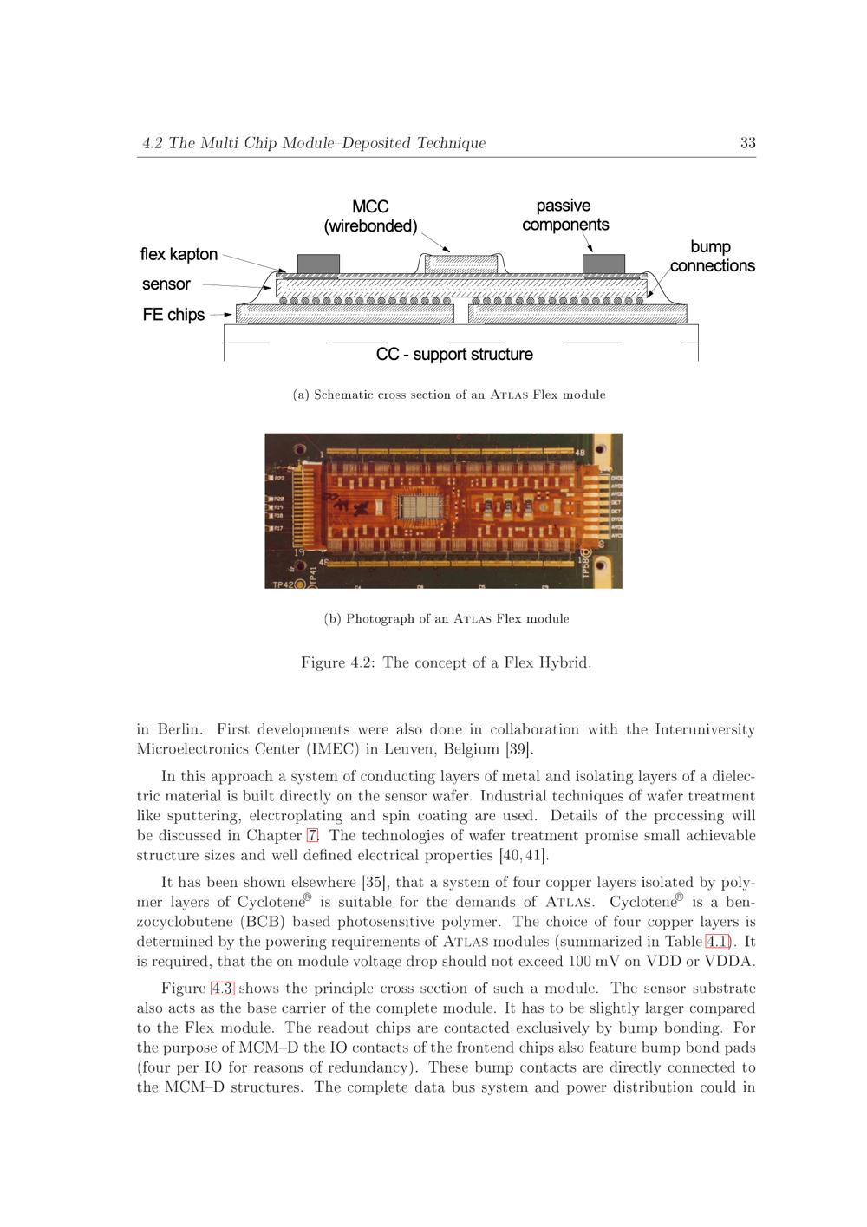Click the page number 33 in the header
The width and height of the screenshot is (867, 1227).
coord(747,143)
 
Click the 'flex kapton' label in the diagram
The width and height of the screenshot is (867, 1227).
coord(179,254)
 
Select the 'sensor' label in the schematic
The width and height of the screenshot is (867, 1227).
coord(166,284)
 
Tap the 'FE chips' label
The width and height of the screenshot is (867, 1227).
coord(173,315)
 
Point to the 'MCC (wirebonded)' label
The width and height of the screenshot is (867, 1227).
coord(370,217)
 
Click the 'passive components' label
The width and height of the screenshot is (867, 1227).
coord(564,215)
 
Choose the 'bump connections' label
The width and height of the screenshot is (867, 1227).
coord(712,257)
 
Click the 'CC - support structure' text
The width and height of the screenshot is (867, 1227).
coord(454,354)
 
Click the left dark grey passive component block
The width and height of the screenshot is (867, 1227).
coord(318,263)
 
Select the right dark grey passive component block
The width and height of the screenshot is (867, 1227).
coord(603,263)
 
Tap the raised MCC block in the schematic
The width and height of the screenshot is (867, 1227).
coord(460,262)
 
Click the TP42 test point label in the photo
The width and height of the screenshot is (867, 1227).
coord(284,584)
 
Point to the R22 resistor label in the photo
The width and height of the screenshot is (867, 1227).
coord(279,478)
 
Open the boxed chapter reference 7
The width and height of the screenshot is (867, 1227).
coord(312,835)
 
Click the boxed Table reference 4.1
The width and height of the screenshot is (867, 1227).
coord(718,941)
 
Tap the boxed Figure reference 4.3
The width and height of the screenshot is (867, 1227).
coord(222,988)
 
